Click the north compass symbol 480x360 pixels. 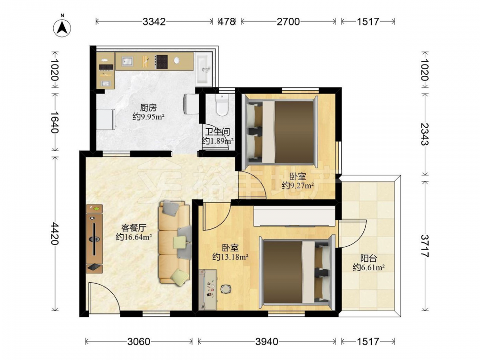click(x=62, y=27)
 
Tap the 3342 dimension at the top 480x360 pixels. click(x=154, y=22)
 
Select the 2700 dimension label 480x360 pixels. click(x=288, y=22)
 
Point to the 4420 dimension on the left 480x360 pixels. click(x=55, y=234)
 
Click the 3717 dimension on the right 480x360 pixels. click(x=425, y=246)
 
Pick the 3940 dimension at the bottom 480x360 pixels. click(x=267, y=341)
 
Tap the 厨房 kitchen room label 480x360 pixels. click(x=148, y=108)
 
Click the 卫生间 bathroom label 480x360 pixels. click(x=217, y=132)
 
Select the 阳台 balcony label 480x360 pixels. click(x=369, y=258)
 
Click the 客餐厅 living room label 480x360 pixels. click(x=134, y=228)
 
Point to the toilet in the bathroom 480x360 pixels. click(x=222, y=105)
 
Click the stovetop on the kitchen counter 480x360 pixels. click(x=162, y=61)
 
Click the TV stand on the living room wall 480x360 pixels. click(x=94, y=239)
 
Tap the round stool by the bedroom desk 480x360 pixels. click(x=226, y=288)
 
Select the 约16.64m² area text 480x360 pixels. click(x=134, y=237)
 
